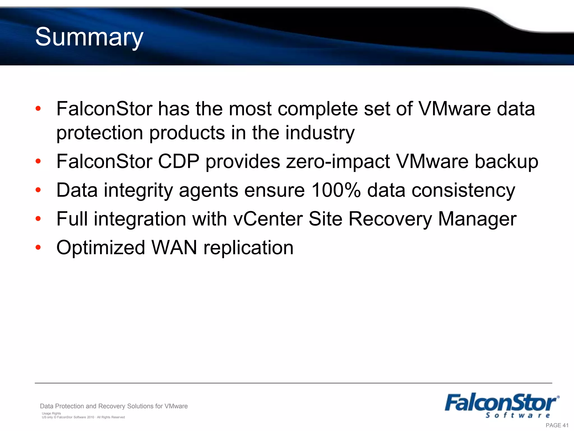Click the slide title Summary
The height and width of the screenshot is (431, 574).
[89, 37]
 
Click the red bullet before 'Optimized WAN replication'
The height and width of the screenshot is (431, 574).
[38, 247]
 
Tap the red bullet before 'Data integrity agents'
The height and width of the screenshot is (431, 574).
[38, 190]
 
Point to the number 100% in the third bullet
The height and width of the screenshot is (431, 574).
[336, 190]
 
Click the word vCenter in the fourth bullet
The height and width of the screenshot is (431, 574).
[268, 219]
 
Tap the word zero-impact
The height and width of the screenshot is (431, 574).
[338, 162]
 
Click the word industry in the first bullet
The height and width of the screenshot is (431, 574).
[320, 133]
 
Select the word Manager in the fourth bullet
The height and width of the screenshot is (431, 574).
[477, 219]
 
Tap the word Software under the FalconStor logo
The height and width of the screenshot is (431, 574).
[517, 415]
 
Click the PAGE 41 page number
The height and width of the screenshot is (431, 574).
[557, 425]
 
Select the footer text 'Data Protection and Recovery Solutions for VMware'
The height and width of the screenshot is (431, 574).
[114, 406]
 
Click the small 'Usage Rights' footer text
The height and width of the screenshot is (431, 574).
[51, 413]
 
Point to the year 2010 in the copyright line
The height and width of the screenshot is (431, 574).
[91, 417]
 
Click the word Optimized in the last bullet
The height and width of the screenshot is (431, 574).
[101, 248]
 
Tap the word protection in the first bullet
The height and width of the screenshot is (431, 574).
[99, 133]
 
